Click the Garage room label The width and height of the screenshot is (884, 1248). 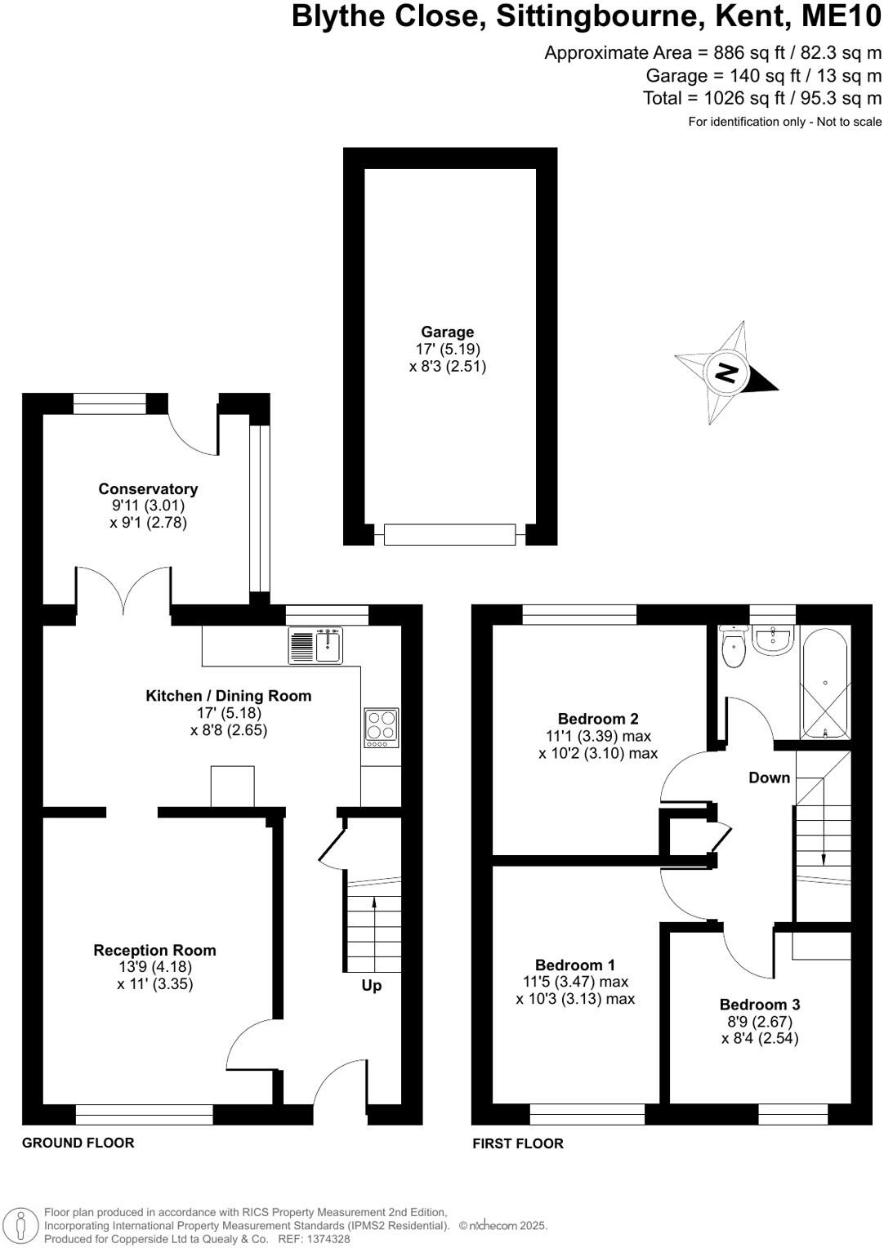(x=447, y=332)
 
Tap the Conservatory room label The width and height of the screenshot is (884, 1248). (x=148, y=489)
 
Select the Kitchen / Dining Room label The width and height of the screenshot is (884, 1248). (x=228, y=696)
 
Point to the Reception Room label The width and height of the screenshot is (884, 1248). (x=154, y=951)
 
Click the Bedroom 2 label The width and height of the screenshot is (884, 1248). (x=598, y=719)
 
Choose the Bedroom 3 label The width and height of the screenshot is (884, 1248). (x=759, y=1005)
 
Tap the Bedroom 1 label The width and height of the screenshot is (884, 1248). (x=575, y=965)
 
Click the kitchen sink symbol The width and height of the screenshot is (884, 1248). (x=316, y=645)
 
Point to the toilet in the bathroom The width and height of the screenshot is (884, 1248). (x=734, y=649)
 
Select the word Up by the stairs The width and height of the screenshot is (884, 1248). (x=372, y=986)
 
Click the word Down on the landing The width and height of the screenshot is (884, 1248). (x=770, y=778)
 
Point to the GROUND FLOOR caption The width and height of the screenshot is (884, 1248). (x=78, y=1143)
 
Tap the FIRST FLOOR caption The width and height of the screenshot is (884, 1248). (x=518, y=1143)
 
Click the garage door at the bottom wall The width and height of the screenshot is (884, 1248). (x=449, y=535)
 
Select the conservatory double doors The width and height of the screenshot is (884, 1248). (x=123, y=590)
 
